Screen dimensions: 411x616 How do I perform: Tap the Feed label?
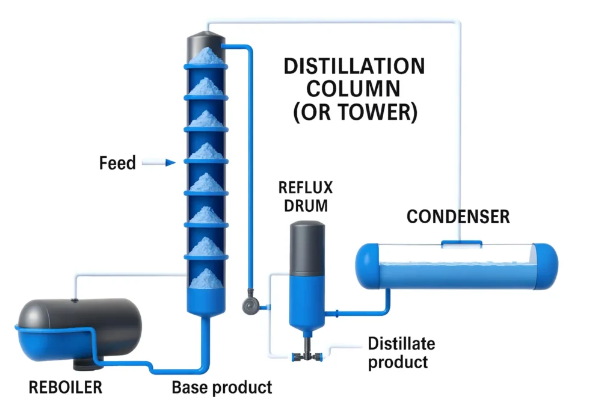117,162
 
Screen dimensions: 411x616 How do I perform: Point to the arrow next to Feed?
162,162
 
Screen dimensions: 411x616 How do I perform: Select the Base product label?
222,387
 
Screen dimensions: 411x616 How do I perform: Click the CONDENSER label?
458,217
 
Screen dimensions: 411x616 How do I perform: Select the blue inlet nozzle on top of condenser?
461,244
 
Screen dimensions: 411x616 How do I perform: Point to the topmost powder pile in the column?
206,56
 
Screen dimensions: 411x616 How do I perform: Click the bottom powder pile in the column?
206,278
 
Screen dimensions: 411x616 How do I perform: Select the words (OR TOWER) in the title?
355,113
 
